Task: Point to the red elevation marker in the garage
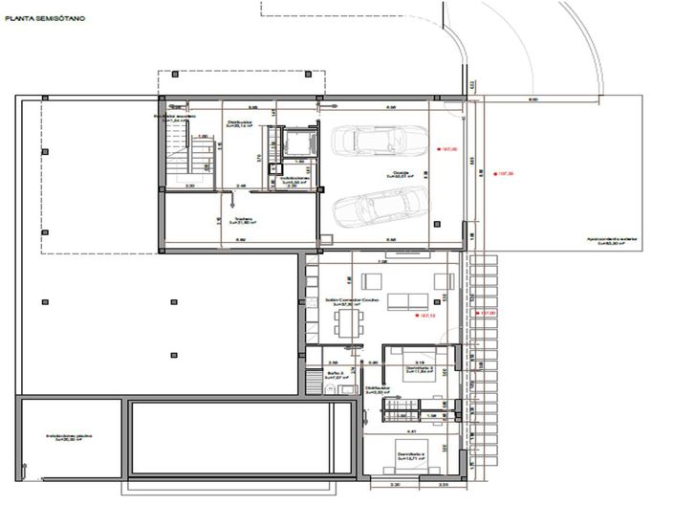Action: pos(437,149)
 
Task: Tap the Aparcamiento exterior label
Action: pos(612,241)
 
